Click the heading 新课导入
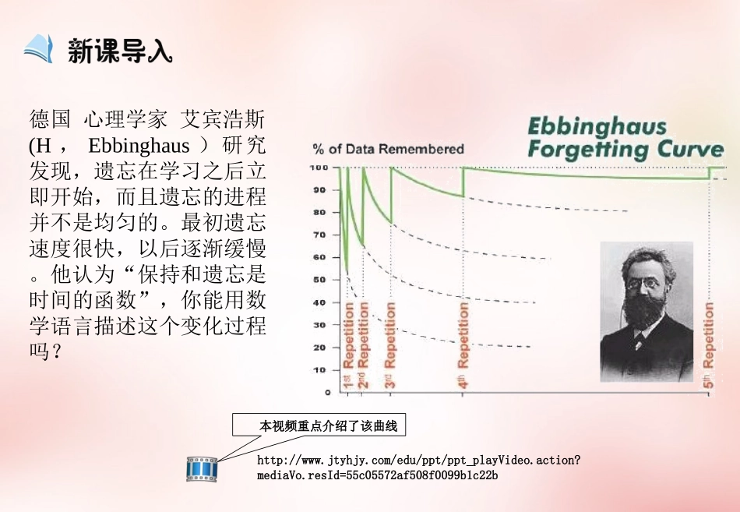click(120, 51)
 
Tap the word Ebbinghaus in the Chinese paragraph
click(139, 146)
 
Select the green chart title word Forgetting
click(591, 150)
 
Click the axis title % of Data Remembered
click(388, 149)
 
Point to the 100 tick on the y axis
click(320, 168)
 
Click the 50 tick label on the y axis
click(320, 280)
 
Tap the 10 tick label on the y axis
click(320, 370)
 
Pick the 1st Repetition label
click(347, 346)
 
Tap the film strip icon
click(201, 469)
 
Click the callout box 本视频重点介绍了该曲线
click(319, 425)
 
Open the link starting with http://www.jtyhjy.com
click(418, 461)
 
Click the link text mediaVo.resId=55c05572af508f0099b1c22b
click(377, 475)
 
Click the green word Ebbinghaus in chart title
click(587, 127)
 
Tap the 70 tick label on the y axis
click(320, 235)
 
